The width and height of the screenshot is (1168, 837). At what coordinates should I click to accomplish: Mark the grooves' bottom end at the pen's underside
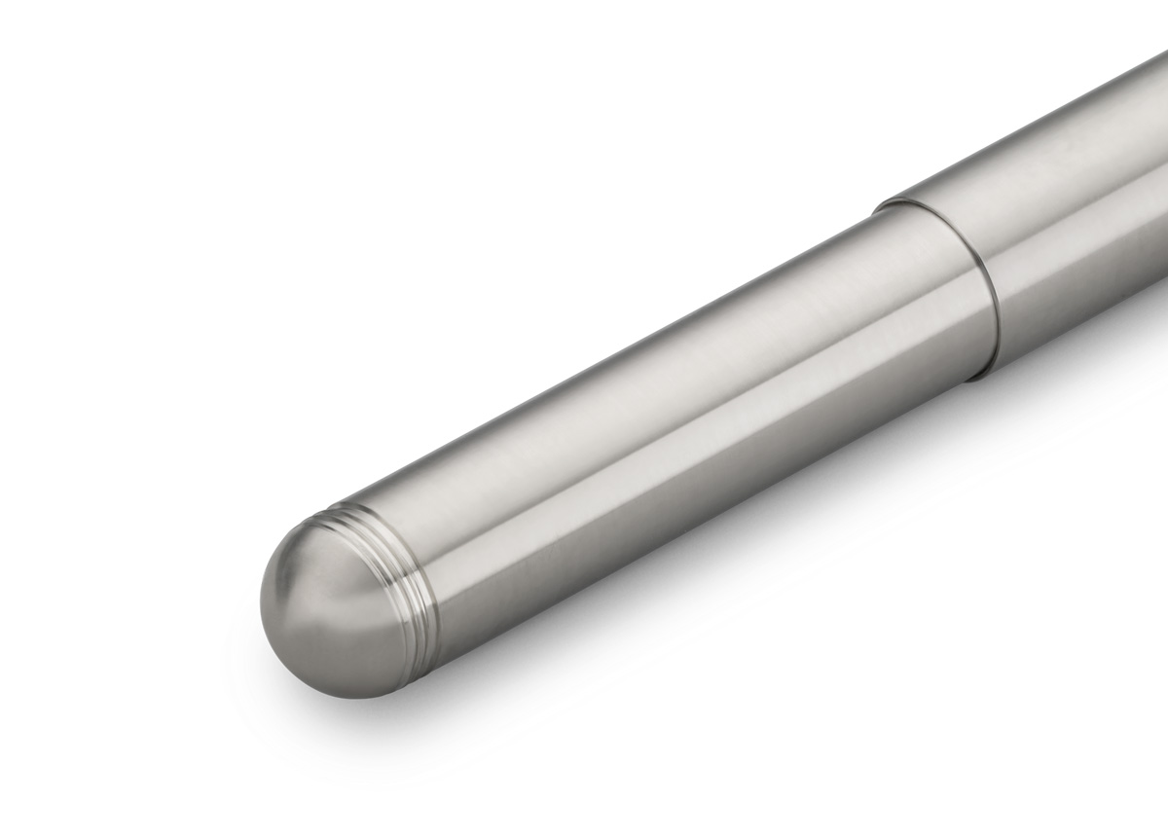(437, 622)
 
